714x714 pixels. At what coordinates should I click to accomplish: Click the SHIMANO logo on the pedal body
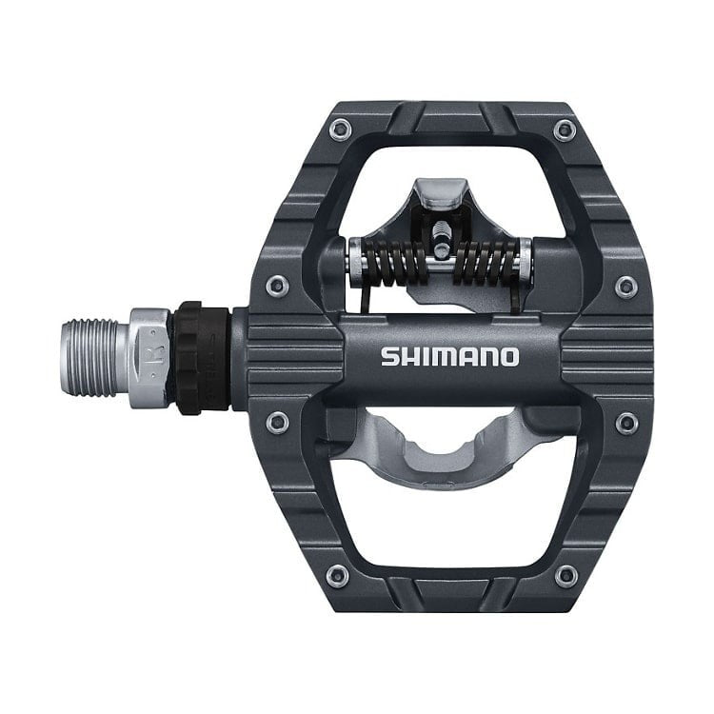point(450,357)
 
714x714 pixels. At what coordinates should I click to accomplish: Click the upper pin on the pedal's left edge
point(275,283)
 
